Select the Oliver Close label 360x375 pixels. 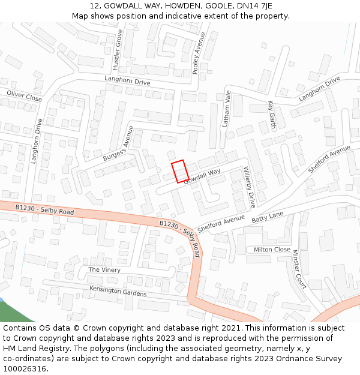[24, 95]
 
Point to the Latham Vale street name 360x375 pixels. [227, 109]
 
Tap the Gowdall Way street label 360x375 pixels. [202, 176]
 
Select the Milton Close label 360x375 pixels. [272, 250]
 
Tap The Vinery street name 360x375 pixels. [104, 270]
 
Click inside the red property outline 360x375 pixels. [180, 172]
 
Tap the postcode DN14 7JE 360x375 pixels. [250, 5]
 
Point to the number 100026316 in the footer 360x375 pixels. [23, 368]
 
